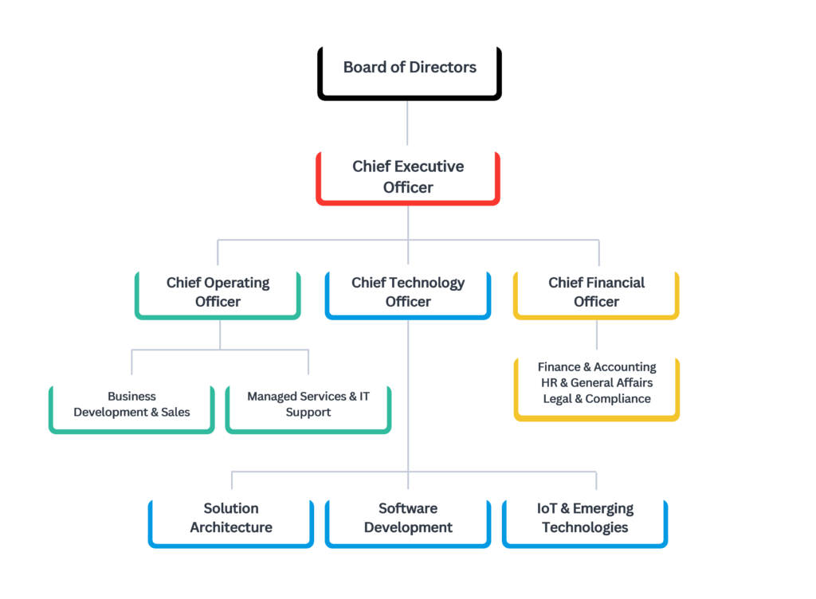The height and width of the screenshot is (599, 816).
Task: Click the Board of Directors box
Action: (410, 68)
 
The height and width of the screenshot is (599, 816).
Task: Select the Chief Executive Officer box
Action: (408, 176)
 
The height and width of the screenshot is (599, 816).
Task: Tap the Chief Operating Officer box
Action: (218, 292)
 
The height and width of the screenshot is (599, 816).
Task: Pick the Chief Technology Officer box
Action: (408, 292)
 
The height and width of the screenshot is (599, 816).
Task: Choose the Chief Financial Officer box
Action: (596, 292)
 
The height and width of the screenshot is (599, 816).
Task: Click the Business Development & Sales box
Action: (131, 405)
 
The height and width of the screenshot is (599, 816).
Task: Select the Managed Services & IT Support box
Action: (308, 405)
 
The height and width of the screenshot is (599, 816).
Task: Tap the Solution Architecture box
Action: (231, 519)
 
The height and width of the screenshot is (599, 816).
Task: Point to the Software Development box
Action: (408, 519)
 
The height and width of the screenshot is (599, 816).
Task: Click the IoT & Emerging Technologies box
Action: (585, 519)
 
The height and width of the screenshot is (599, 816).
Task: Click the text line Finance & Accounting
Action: (597, 367)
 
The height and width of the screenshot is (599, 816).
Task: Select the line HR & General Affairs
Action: (597, 383)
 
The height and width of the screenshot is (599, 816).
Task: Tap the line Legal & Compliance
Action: (597, 399)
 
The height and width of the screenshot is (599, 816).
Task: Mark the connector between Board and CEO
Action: (408, 121)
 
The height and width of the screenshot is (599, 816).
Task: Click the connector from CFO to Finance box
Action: (597, 335)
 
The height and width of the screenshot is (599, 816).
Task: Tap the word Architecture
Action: (231, 527)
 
